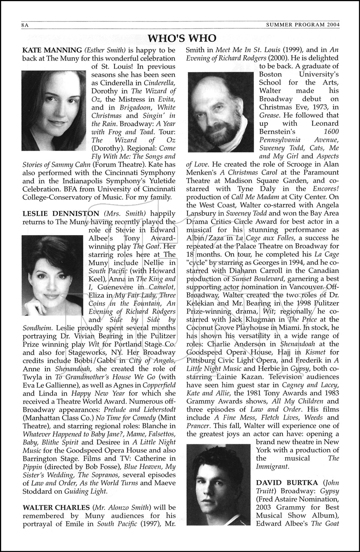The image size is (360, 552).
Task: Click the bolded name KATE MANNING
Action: tap(52, 50)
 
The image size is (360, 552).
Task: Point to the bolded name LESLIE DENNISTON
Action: tap(61, 213)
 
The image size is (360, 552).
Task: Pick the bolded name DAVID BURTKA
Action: tap(286, 483)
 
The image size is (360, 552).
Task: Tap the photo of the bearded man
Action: tap(220, 106)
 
